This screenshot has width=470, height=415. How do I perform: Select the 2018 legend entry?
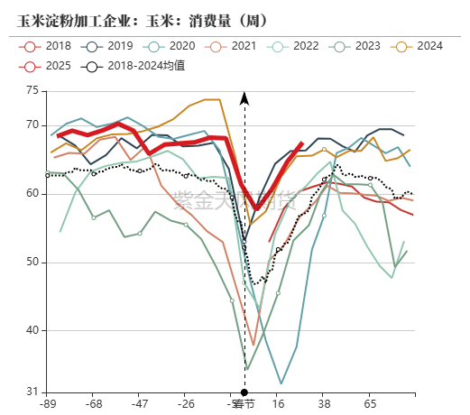51,45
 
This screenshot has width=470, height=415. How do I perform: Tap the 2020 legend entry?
172,45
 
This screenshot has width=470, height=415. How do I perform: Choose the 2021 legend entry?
234,45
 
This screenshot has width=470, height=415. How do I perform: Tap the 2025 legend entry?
51,66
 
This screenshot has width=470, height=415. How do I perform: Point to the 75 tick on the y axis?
32,90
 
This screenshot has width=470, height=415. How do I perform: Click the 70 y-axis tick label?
32,124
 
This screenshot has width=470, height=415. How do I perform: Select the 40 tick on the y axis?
32,330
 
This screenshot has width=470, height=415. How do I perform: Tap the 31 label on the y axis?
32,392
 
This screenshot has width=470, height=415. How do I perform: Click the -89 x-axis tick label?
47,405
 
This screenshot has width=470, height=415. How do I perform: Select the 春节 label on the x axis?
242,405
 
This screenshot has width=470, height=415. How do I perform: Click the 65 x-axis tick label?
371,405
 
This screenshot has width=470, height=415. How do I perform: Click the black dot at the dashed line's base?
244,392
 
